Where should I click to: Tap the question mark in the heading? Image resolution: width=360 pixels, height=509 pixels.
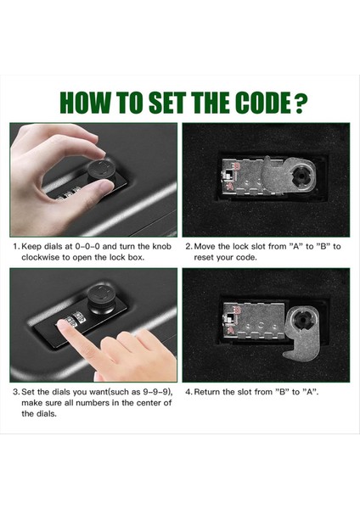(x=301, y=103)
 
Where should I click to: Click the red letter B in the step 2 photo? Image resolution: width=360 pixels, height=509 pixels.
(x=237, y=167)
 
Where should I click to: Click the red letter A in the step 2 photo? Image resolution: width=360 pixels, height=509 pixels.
(x=230, y=186)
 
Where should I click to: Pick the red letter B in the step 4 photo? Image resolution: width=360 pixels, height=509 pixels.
(x=237, y=310)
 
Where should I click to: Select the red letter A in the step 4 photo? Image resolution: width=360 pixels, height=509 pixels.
(x=231, y=331)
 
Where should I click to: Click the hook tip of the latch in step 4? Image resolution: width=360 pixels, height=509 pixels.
(x=286, y=353)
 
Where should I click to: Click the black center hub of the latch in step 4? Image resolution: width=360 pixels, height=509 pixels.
(x=303, y=321)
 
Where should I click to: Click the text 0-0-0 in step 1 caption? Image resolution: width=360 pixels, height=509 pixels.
(x=87, y=246)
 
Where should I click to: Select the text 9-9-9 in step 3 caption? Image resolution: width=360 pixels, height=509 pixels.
(x=156, y=392)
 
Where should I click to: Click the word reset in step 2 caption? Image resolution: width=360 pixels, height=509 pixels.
(x=204, y=257)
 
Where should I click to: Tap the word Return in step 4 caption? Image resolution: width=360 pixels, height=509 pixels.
(x=206, y=392)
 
